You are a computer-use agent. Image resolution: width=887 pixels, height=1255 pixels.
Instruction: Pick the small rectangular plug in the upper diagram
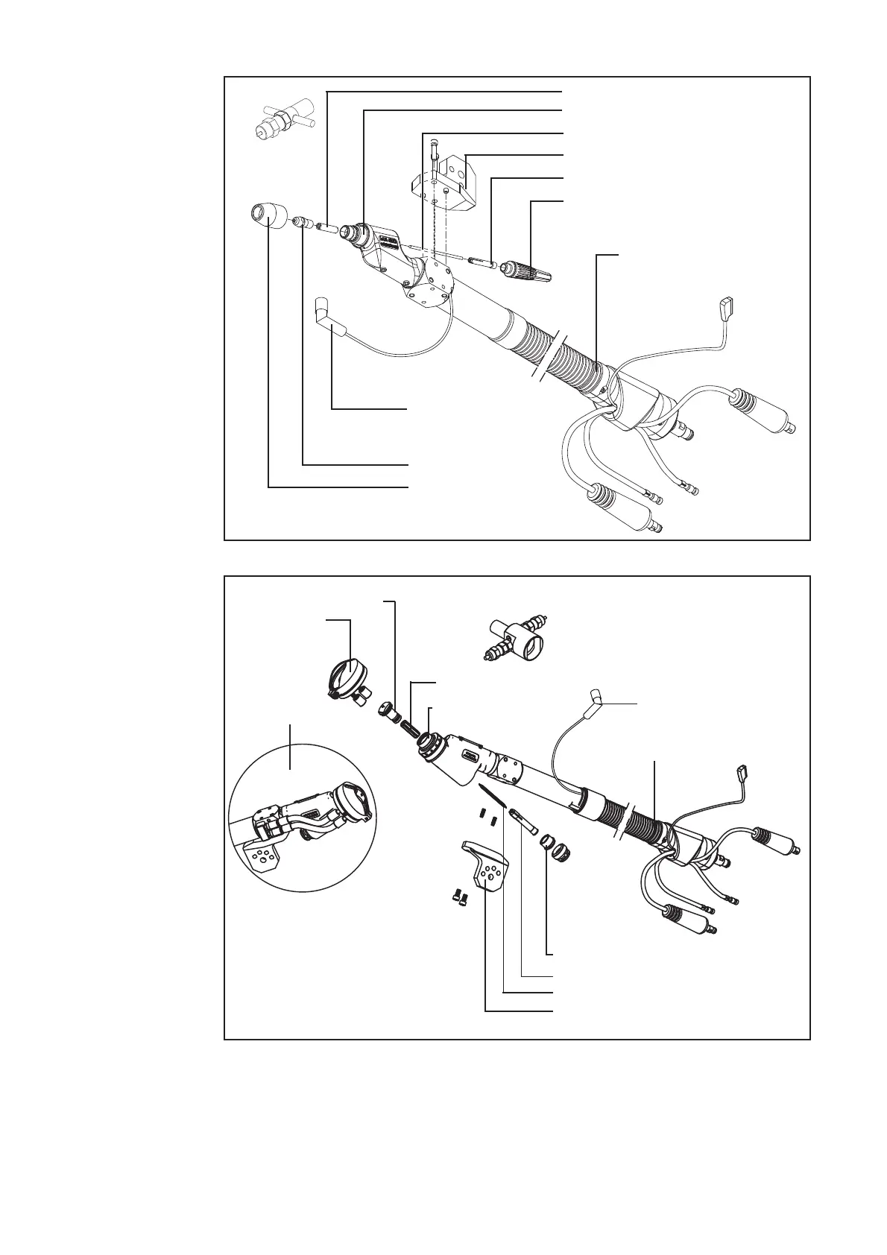(727, 305)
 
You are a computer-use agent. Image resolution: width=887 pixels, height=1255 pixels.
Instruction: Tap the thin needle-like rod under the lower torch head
(492, 794)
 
